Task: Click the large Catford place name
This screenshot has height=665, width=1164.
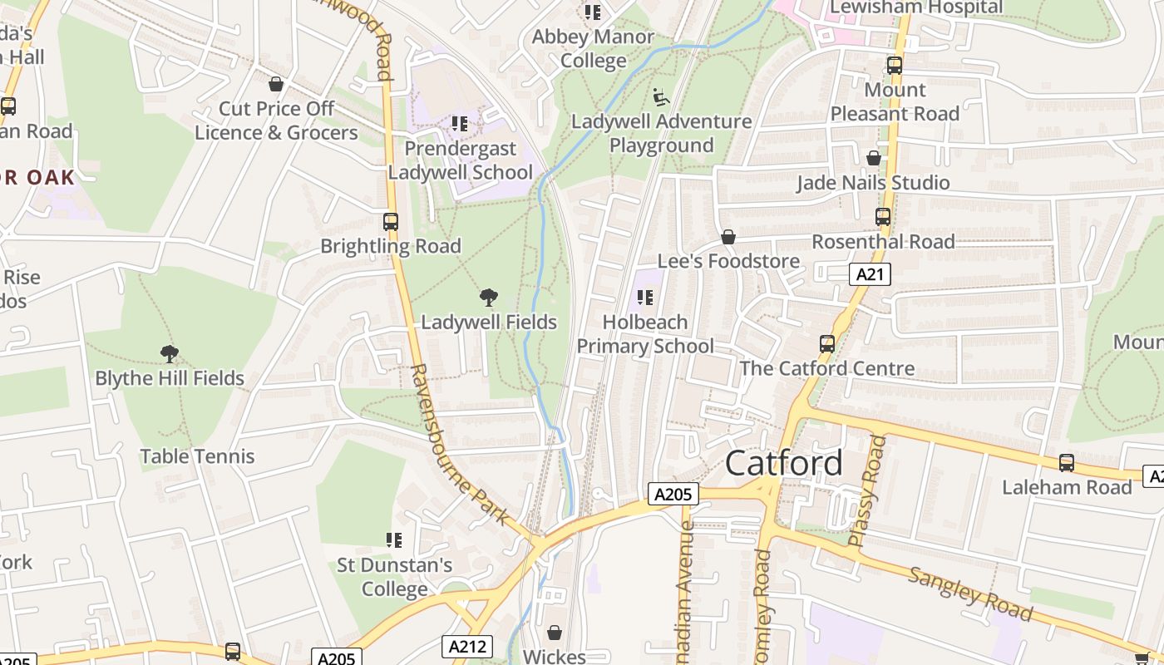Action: (x=784, y=463)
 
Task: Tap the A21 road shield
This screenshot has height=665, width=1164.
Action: (x=870, y=274)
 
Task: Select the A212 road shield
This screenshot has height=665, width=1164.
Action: (x=466, y=647)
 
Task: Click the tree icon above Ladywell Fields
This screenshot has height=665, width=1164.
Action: (x=489, y=297)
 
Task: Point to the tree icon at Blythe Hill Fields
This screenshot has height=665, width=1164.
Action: (x=170, y=354)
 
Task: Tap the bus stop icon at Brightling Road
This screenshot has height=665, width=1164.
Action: (x=391, y=222)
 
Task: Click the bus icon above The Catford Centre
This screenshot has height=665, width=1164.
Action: (x=827, y=343)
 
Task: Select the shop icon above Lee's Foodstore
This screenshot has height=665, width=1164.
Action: (x=728, y=237)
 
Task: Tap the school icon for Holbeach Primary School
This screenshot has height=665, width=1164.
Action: (x=645, y=297)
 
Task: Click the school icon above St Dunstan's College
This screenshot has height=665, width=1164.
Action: (x=394, y=540)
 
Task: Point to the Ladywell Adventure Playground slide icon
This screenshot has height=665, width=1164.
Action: (x=661, y=97)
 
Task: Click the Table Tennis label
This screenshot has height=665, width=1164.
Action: (x=197, y=456)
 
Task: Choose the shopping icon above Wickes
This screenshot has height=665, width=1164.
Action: (x=555, y=633)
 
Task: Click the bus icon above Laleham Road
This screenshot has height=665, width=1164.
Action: (x=1067, y=463)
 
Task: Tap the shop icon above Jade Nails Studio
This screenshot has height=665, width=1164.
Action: (x=874, y=158)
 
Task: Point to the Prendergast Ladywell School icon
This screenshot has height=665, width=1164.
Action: (x=460, y=124)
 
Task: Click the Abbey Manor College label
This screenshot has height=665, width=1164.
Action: (x=593, y=48)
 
